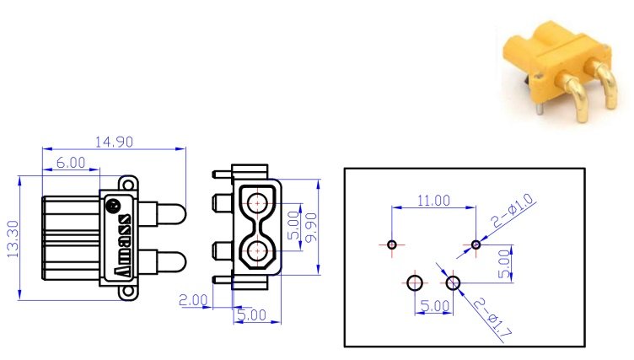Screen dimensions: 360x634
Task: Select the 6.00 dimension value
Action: pos(71,163)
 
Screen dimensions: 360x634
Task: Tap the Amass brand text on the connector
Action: pos(121,244)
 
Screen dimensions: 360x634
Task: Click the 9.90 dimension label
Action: pos(312,227)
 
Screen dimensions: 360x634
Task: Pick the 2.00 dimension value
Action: pos(193,300)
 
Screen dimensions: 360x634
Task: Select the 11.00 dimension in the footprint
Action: pos(433,201)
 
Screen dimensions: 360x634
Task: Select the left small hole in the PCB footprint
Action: pos(392,244)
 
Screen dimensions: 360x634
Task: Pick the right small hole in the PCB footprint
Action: pos(476,244)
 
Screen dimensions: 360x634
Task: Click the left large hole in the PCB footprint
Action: pos(415,282)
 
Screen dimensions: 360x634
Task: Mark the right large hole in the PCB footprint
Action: pos(454,282)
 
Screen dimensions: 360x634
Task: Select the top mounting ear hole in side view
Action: pos(128,182)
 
